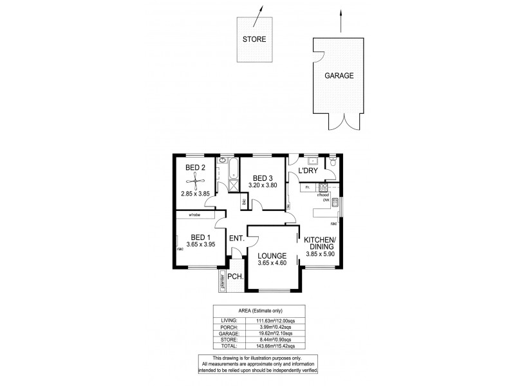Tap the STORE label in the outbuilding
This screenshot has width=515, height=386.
(x=254, y=39)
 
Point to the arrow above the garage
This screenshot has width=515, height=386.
(x=339, y=20)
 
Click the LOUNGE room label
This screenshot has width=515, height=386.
(x=272, y=255)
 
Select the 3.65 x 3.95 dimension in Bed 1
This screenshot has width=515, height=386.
(x=200, y=244)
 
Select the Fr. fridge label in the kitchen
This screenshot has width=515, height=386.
(x=308, y=187)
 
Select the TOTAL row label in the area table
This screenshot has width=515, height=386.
(x=229, y=345)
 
